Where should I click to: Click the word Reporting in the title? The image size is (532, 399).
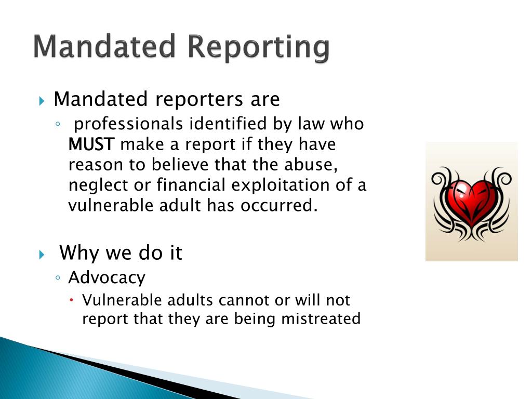pyautogui.click(x=258, y=47)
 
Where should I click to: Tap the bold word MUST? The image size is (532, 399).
pyautogui.click(x=91, y=144)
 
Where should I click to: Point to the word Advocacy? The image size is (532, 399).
pyautogui.click(x=107, y=277)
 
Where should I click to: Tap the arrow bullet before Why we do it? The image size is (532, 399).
pyautogui.click(x=43, y=255)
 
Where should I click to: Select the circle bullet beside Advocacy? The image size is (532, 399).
pyautogui.click(x=58, y=278)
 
